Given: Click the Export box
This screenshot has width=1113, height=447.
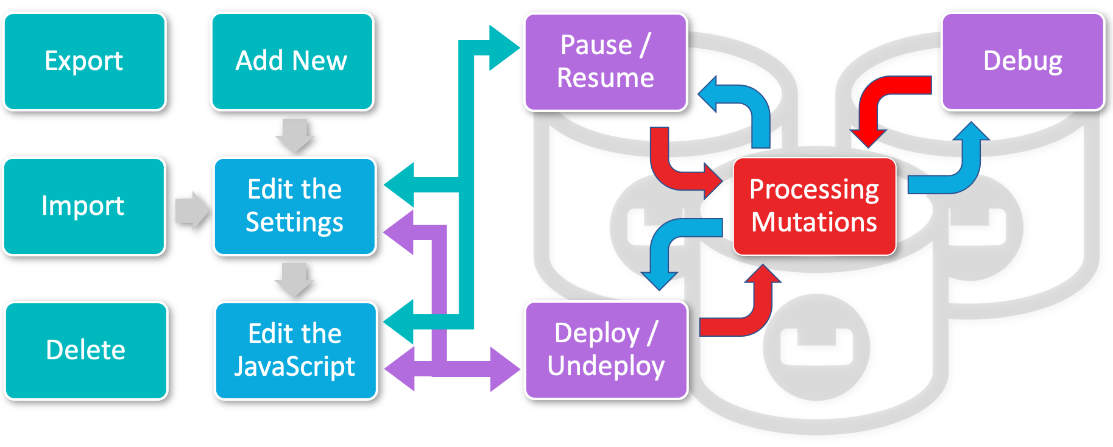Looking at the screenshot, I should coord(85,62).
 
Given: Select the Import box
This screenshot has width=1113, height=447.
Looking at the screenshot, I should coord(84,206).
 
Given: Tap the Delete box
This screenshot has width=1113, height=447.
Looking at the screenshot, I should coord(86,351).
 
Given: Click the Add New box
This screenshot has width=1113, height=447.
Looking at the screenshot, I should coord(292,62).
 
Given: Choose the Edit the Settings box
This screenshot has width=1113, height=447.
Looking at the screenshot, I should coord(295,206).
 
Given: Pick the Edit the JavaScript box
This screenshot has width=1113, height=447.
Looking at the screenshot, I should coord(295,351).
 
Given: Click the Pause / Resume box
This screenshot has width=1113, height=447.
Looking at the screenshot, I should coord(606,62).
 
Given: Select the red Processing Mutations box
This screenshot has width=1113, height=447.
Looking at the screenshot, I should coord(814,206).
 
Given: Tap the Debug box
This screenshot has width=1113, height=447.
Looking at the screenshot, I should coord(1023,62).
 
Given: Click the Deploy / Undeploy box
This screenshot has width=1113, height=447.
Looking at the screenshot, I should coord(606,350).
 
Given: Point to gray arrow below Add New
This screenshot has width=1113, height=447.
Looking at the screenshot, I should coord(295,135).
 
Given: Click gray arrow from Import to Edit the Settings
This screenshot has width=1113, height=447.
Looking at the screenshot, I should coord(191,211).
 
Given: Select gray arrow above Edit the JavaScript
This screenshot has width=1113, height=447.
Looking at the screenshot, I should coord(294,280).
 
